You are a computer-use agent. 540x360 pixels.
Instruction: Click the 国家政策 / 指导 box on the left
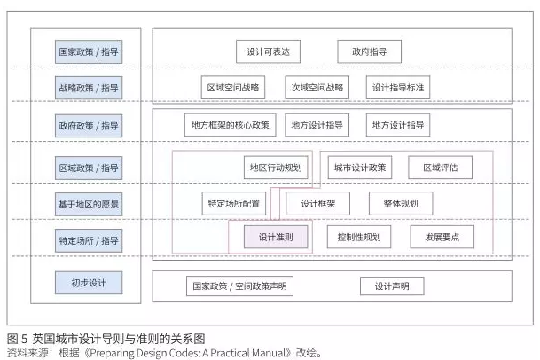coord(88,51)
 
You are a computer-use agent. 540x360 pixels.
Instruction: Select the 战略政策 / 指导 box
coord(88,88)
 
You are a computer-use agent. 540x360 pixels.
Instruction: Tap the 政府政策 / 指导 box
coord(88,125)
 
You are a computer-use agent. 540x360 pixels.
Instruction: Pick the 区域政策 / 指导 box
coord(88,167)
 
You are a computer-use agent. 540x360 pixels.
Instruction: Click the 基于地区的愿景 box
coord(88,203)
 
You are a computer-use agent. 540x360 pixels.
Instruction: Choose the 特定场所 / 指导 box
coord(88,239)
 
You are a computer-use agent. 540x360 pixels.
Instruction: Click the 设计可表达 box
coord(270,51)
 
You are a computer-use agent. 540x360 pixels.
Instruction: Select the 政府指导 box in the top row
coord(370,51)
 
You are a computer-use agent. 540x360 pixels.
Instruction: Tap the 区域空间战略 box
coord(234,88)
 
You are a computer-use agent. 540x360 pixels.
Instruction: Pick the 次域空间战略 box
coord(317,88)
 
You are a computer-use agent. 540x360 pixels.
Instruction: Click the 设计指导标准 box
coord(397,88)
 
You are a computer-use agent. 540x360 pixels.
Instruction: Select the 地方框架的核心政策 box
coord(231,124)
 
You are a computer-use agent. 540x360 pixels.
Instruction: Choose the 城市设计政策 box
coord(359,167)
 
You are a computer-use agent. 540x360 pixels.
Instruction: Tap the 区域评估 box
coord(440,167)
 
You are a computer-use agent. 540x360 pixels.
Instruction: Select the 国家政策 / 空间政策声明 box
coord(242,286)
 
